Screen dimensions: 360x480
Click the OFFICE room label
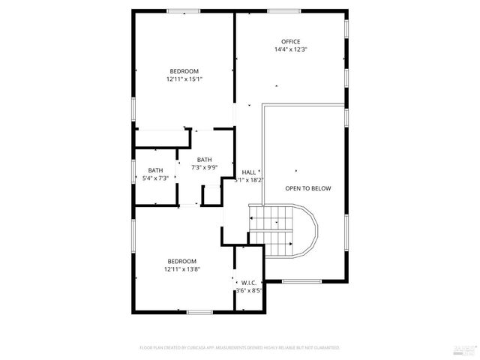[x=290, y=41]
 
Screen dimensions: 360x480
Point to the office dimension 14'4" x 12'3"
[x=290, y=49]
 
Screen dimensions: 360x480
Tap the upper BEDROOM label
[x=184, y=70]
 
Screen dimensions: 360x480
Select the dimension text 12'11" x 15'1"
[x=184, y=79]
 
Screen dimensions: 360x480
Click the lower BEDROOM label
[x=181, y=261]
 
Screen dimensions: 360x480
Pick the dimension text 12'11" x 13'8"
[x=181, y=269]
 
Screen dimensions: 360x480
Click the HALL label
[x=249, y=172]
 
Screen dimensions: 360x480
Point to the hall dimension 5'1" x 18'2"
[x=249, y=180]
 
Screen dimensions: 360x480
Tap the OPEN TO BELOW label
[x=307, y=188]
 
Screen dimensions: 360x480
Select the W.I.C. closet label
[x=249, y=283]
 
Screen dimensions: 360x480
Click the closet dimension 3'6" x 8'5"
[x=249, y=291]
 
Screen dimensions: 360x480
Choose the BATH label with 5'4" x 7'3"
[x=155, y=170]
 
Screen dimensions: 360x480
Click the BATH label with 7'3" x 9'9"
[x=204, y=159]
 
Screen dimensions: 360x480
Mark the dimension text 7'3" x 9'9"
[x=204, y=167]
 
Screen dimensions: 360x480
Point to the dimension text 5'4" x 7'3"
[x=155, y=178]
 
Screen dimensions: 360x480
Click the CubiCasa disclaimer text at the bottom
[x=240, y=348]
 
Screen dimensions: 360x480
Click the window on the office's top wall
[x=284, y=10]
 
